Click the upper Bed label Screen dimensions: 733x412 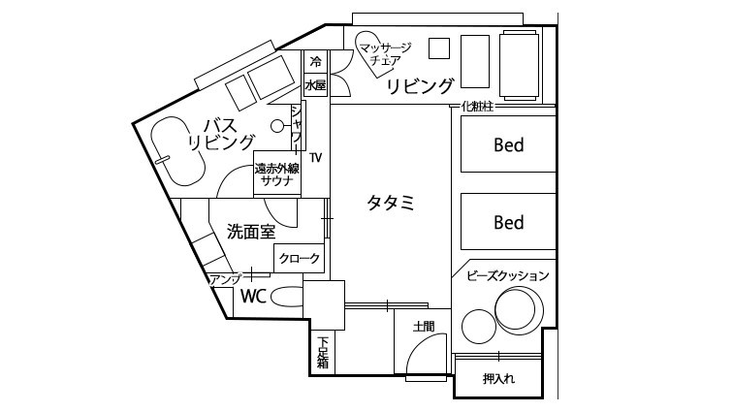tap(509, 145)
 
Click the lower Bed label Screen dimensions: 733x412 tap(509, 222)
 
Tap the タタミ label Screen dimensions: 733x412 tap(391, 203)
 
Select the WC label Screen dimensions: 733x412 tap(253, 296)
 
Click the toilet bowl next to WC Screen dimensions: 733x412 tap(287, 297)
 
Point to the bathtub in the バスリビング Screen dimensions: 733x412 tap(177, 151)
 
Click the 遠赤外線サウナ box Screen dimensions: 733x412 tap(277, 173)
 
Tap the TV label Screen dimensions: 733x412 tap(315, 158)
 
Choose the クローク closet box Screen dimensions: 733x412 tap(299, 258)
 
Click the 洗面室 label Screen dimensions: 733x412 tap(251, 232)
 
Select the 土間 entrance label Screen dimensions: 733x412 tap(424, 326)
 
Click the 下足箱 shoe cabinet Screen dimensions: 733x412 tap(323, 353)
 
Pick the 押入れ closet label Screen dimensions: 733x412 tap(498, 378)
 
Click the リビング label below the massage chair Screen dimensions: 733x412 tap(420, 86)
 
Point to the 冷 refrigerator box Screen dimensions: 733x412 tap(316, 62)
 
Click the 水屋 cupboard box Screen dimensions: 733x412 tap(316, 85)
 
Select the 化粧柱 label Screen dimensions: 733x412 tap(477, 107)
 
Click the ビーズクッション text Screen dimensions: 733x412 tap(508, 275)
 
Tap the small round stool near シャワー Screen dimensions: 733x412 tap(277, 126)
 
